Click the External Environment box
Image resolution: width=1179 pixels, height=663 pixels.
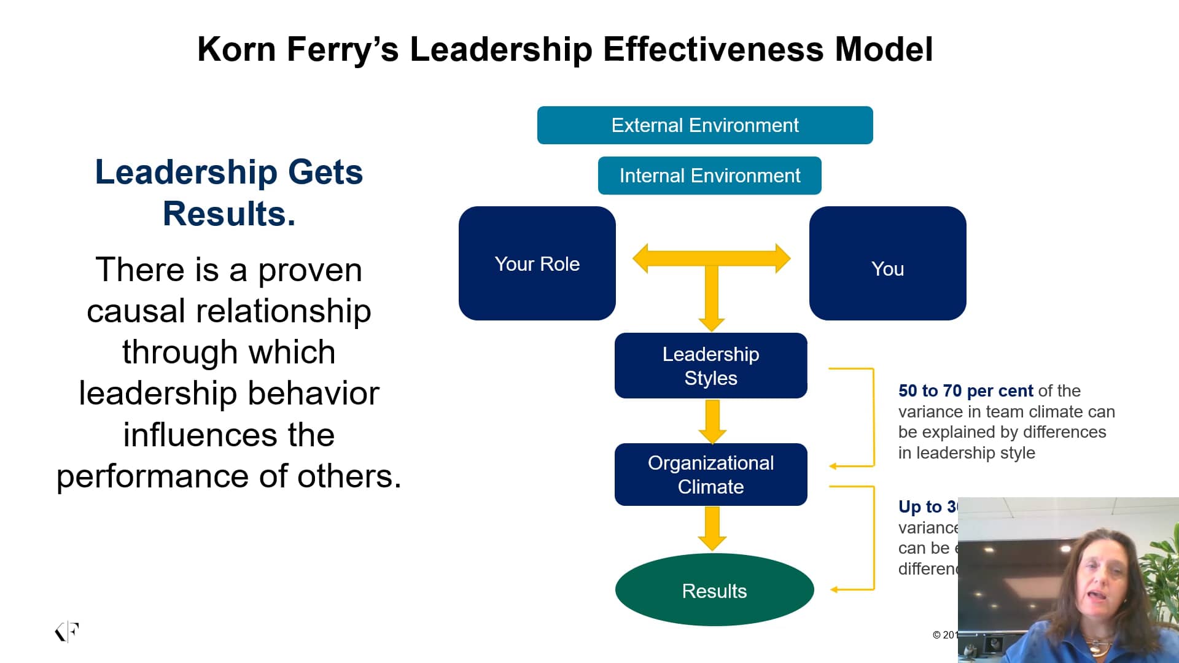tap(704, 125)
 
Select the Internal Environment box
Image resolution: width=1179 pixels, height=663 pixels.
tap(709, 176)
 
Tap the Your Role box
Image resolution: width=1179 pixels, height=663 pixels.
tap(537, 263)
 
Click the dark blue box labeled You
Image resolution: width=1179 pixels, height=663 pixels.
tap(887, 263)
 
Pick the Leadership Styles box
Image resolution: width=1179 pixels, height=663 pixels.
tap(710, 366)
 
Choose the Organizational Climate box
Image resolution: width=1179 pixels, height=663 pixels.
tap(710, 475)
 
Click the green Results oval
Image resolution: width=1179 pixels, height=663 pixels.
tap(714, 590)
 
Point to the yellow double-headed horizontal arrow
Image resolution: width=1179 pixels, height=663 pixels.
tap(711, 258)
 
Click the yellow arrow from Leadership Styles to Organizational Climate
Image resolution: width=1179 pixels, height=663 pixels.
tap(712, 421)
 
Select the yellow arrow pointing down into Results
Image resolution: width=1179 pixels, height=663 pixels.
tap(712, 529)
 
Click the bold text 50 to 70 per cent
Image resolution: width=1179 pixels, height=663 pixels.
tap(965, 391)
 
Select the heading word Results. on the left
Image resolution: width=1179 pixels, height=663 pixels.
tap(229, 214)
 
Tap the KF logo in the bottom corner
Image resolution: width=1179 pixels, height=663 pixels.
tap(67, 632)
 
